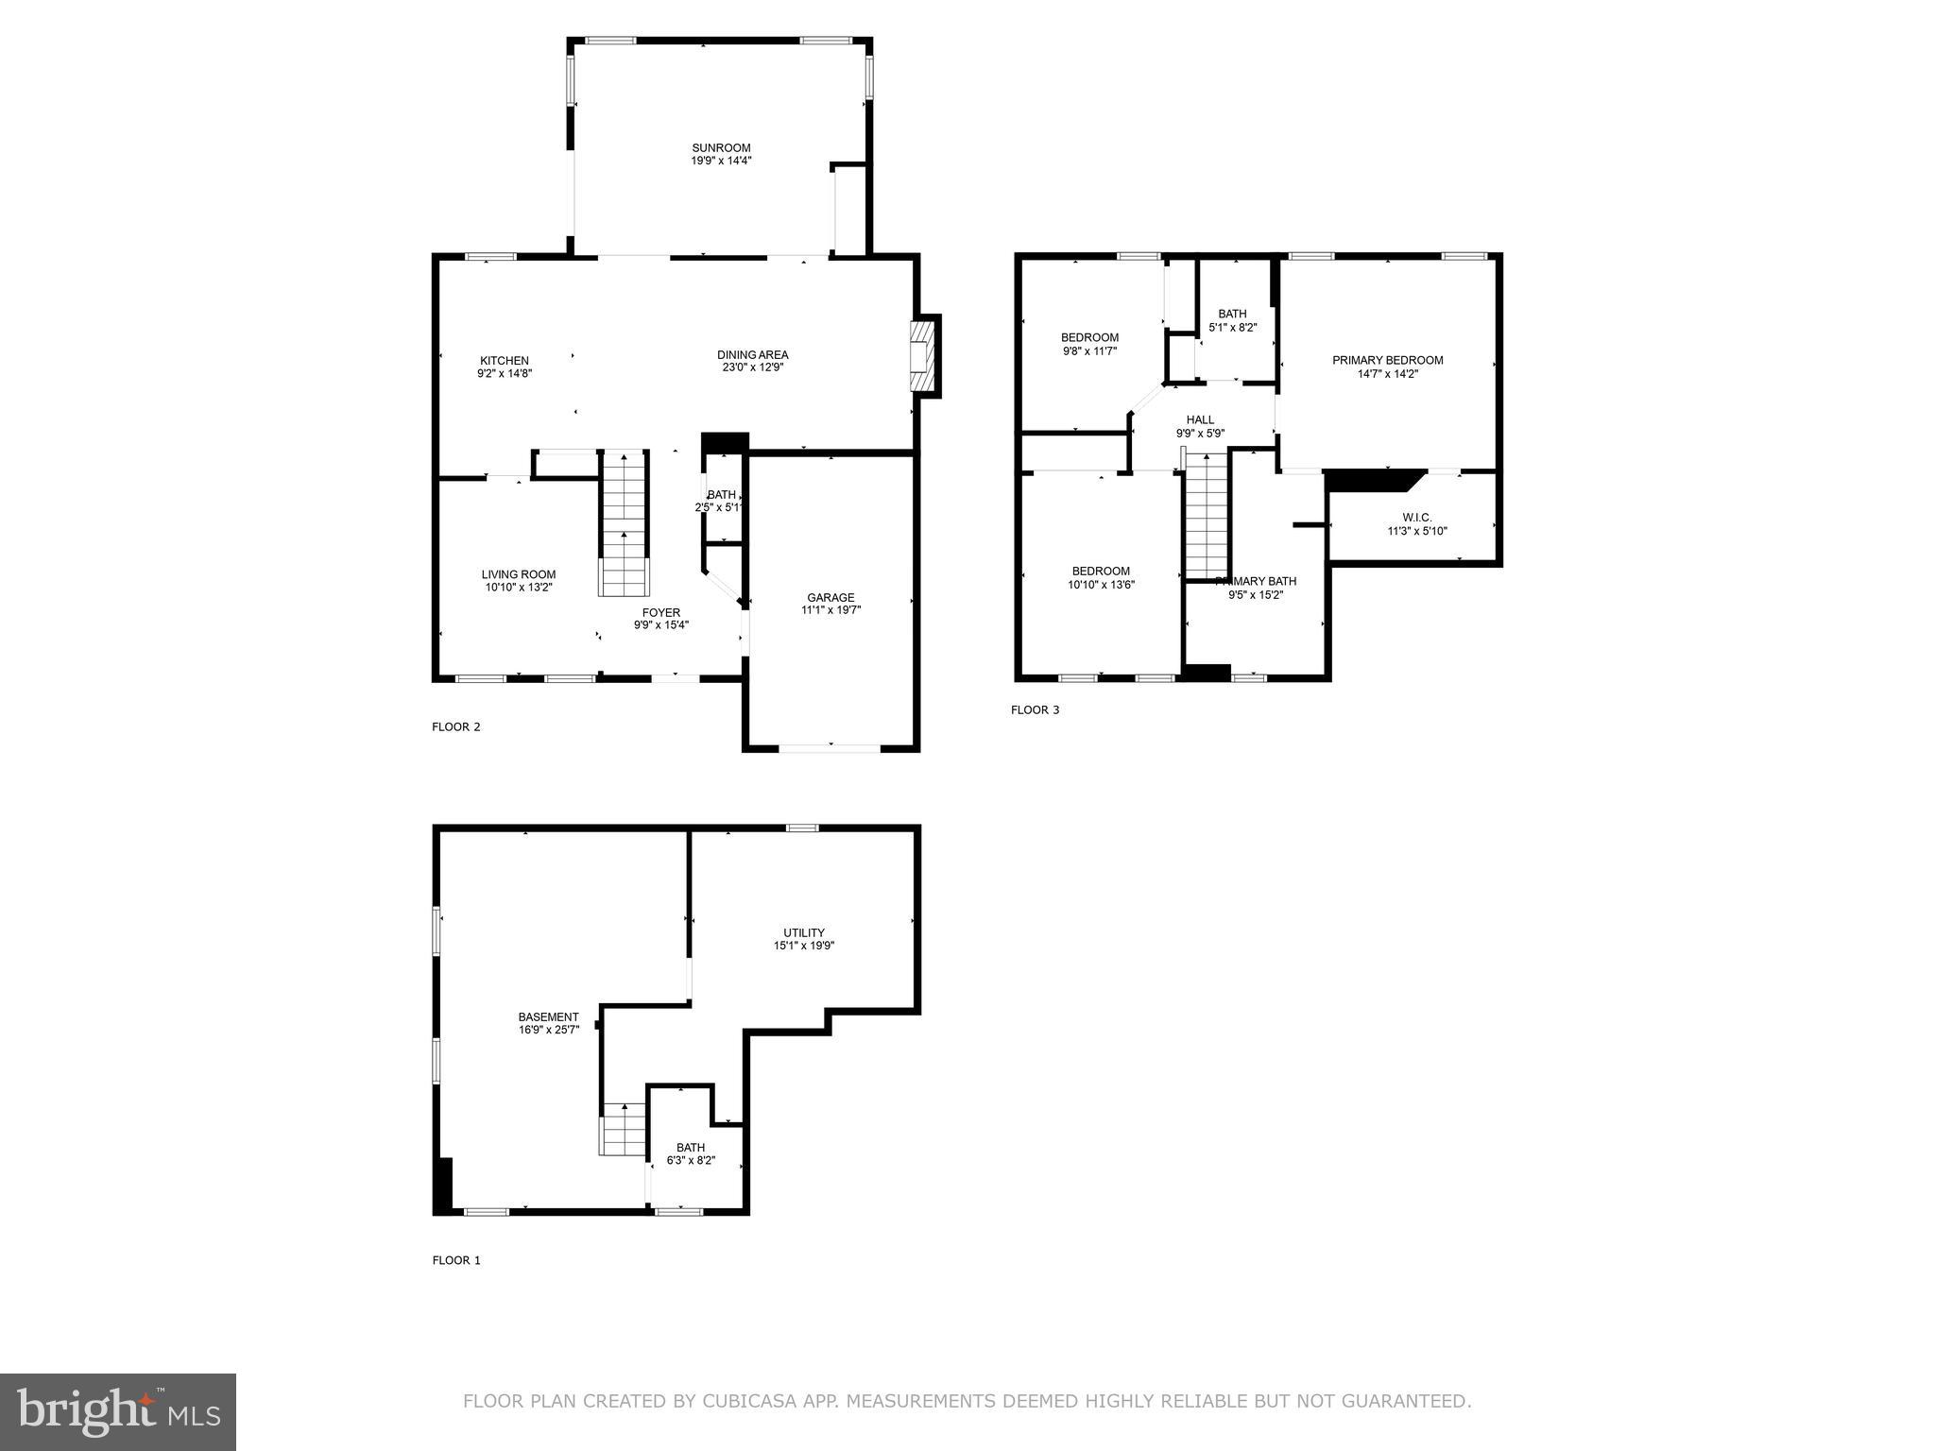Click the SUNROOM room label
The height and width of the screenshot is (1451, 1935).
point(721,148)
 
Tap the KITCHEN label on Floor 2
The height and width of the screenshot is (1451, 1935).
point(505,361)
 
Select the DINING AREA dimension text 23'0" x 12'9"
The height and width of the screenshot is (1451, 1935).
point(752,367)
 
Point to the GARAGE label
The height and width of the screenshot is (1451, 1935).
point(831,597)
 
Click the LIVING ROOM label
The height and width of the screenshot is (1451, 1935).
point(519,574)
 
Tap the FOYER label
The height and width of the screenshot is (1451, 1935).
point(660,612)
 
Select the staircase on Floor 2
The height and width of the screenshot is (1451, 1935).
point(625,524)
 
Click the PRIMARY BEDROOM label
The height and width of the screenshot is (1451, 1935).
point(1387,360)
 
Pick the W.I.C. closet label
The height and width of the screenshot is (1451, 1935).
point(1416,518)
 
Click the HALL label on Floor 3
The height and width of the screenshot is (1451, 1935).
point(1200,420)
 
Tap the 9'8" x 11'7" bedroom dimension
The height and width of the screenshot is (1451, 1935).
point(1089,350)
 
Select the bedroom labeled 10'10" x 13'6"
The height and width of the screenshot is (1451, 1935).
point(1101,577)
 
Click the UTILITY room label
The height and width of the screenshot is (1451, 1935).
point(803,932)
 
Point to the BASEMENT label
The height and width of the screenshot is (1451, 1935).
point(548,1017)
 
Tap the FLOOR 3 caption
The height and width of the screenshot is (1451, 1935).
point(1035,709)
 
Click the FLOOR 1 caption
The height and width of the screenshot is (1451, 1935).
point(456,1260)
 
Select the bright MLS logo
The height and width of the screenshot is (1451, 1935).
point(118,1411)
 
